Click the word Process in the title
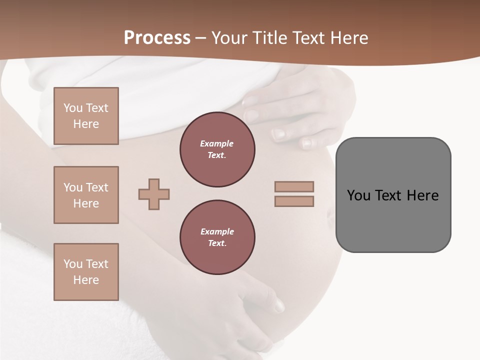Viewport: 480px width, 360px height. click(x=157, y=37)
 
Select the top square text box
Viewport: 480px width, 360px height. click(x=86, y=116)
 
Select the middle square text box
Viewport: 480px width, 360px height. click(x=86, y=195)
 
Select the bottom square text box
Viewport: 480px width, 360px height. click(x=86, y=272)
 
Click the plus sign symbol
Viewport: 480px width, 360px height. click(x=154, y=194)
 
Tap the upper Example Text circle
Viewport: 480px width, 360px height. click(x=217, y=149)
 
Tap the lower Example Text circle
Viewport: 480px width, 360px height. click(x=217, y=237)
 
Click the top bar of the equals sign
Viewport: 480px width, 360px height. click(x=294, y=186)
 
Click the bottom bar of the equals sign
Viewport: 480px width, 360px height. click(x=294, y=201)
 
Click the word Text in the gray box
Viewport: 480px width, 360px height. click(x=389, y=195)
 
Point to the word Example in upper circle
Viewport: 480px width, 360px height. click(x=216, y=143)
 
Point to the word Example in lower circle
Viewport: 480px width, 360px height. click(x=216, y=231)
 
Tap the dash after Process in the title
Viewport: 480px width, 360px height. click(x=200, y=38)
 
